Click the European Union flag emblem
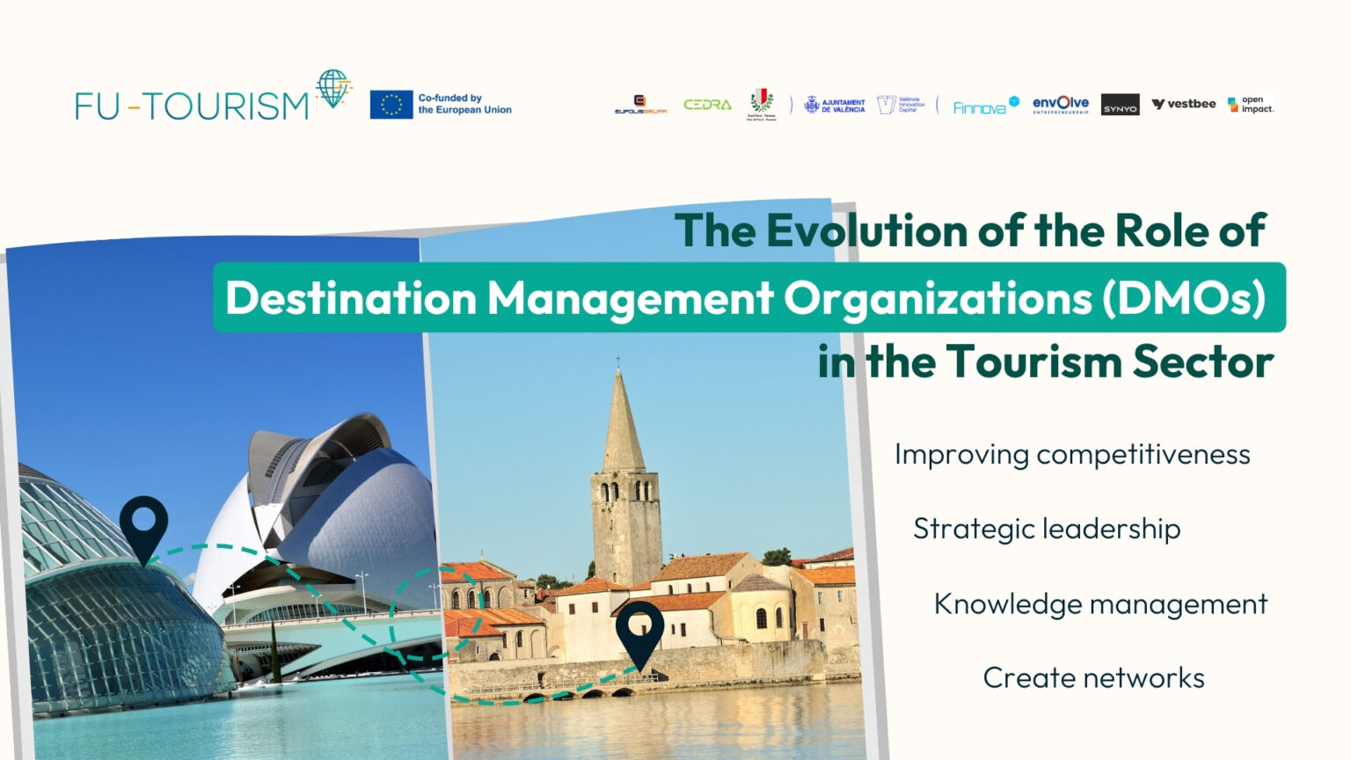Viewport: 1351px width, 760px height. pos(391,104)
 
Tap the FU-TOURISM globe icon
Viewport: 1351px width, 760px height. pos(332,88)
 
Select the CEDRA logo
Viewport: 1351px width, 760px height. pos(707,105)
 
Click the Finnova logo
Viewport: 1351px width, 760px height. pos(985,106)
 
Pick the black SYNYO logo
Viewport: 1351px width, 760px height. pos(1120,105)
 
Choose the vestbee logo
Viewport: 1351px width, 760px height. pos(1184,104)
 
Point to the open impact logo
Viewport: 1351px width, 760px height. pos(1251,105)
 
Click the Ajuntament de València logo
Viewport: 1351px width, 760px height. pos(835,106)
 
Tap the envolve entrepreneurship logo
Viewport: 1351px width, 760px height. pos(1060,105)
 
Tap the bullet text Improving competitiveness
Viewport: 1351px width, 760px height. pos(1072,454)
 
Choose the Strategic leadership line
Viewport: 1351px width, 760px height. pos(1047,529)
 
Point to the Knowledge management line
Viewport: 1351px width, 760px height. pos(1100,603)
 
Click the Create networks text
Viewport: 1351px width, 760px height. pos(1093,677)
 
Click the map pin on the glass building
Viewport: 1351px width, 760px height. pos(143,525)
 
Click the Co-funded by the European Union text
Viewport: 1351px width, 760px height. pos(464,104)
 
